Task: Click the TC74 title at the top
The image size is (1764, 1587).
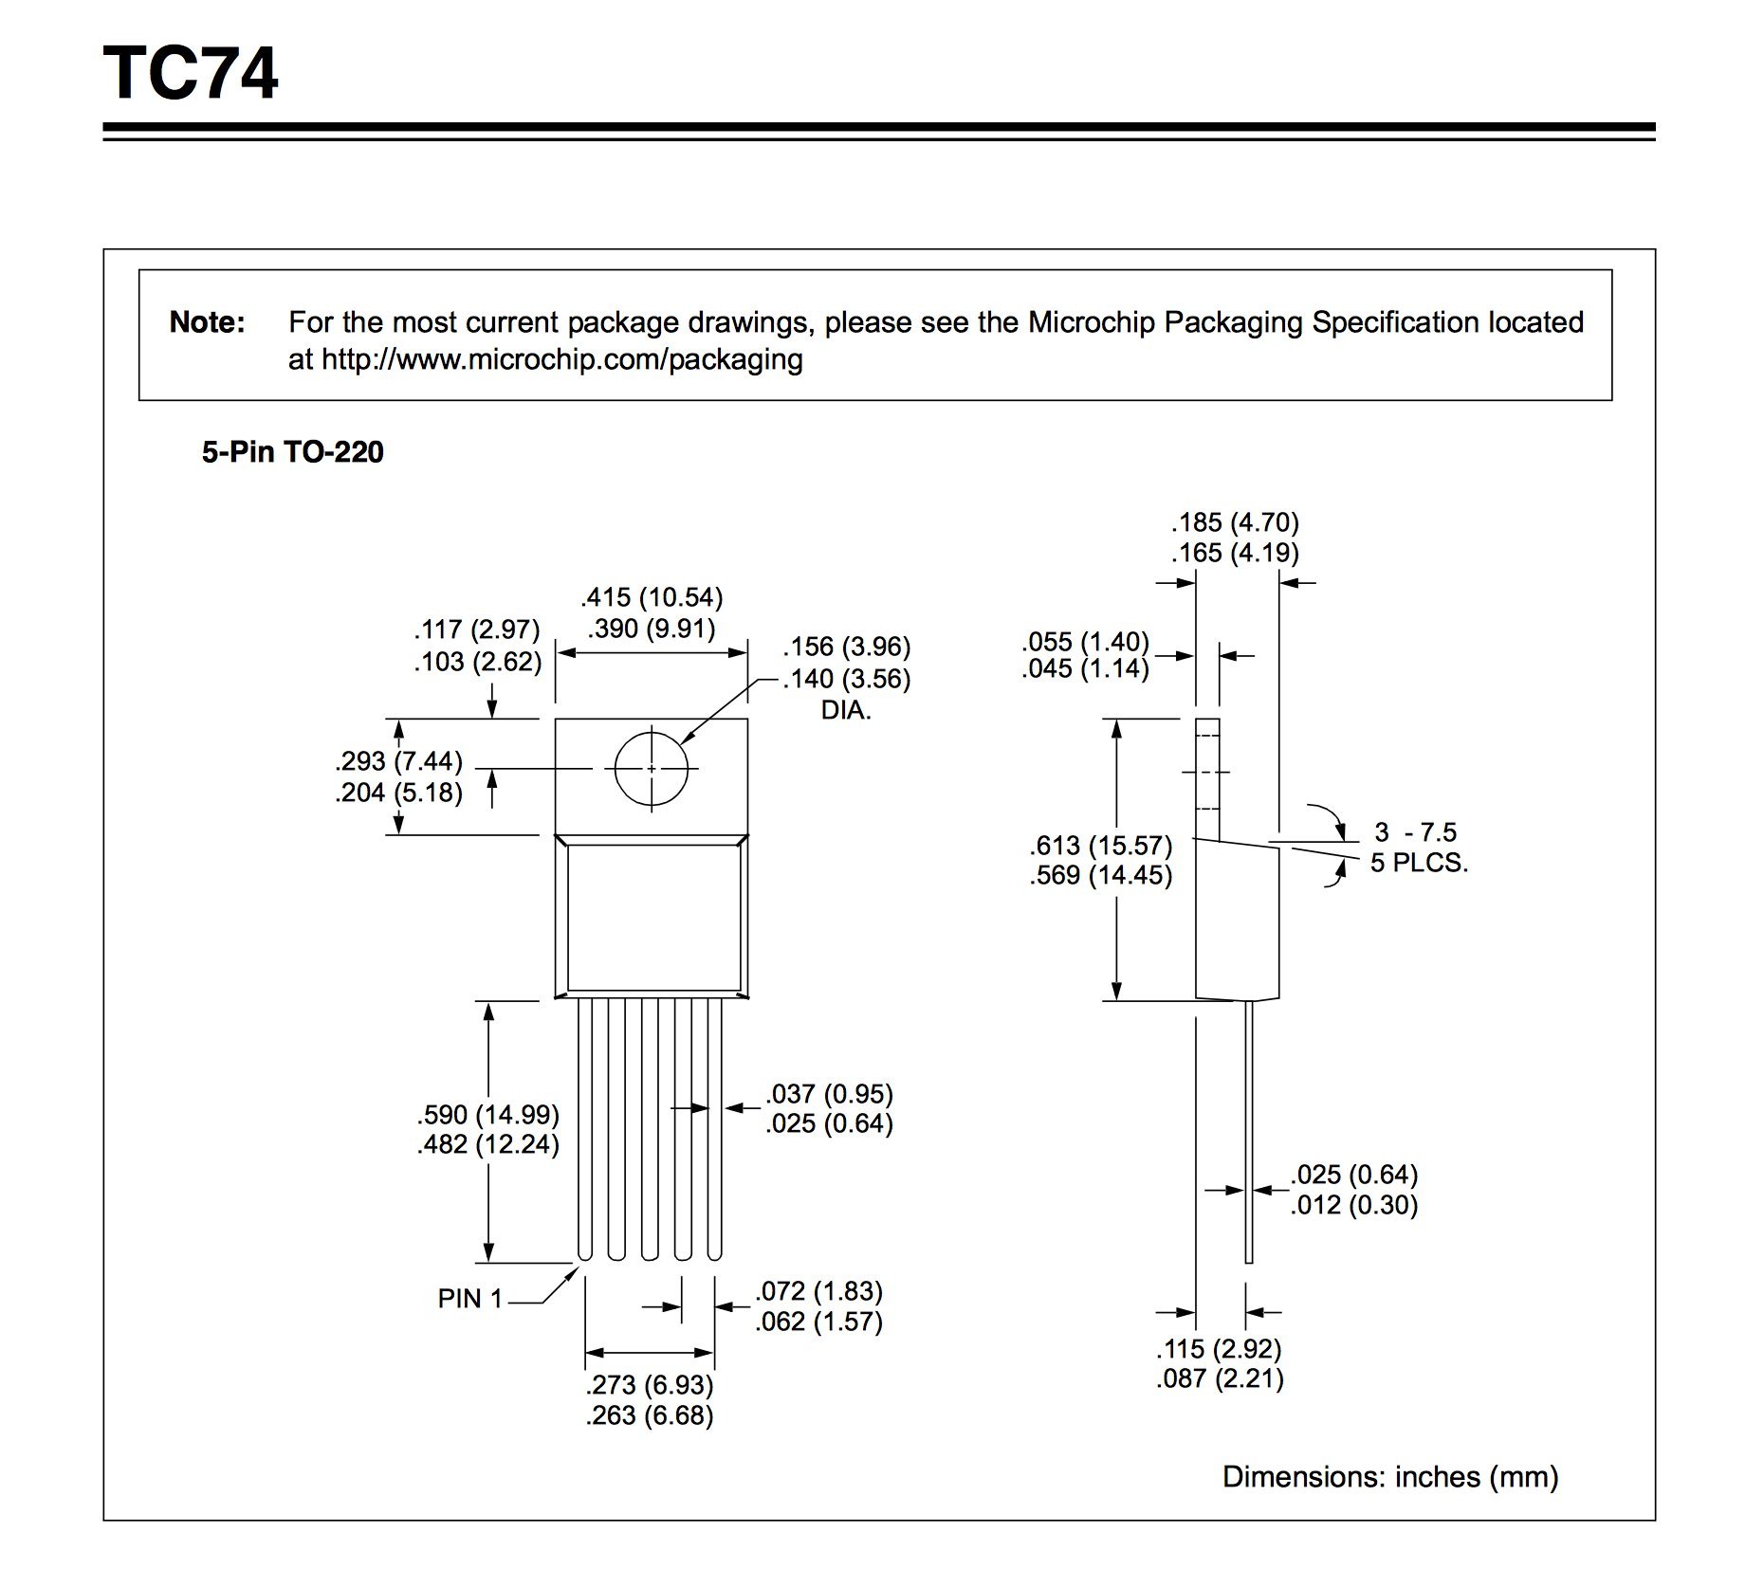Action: (x=191, y=74)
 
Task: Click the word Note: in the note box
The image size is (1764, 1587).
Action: (x=207, y=322)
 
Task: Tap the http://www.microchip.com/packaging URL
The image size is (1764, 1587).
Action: (x=561, y=360)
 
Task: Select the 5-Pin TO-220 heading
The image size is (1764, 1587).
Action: (x=292, y=452)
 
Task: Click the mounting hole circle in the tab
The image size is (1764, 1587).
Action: (x=651, y=768)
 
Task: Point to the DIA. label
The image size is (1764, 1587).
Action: (x=846, y=710)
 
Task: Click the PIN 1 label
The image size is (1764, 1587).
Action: (x=469, y=1299)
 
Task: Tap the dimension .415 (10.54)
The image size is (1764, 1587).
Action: (x=652, y=597)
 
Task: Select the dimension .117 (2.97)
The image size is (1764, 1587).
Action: (x=476, y=629)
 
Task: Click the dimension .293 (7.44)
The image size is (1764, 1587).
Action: (x=398, y=761)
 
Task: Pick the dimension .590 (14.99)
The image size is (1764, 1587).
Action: (x=487, y=1114)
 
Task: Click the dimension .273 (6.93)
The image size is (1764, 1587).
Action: (x=650, y=1385)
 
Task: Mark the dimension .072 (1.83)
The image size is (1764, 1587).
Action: (x=818, y=1291)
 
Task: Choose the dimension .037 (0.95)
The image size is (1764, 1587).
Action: (x=830, y=1094)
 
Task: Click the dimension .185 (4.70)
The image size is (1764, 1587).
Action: (x=1235, y=522)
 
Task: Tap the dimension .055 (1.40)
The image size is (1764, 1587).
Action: (x=1085, y=642)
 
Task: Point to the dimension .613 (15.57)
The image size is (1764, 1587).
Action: (x=1101, y=845)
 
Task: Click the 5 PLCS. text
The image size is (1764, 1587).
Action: (x=1419, y=863)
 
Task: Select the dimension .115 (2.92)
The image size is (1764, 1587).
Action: (x=1219, y=1349)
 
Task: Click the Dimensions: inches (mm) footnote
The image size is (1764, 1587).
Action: (x=1390, y=1477)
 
